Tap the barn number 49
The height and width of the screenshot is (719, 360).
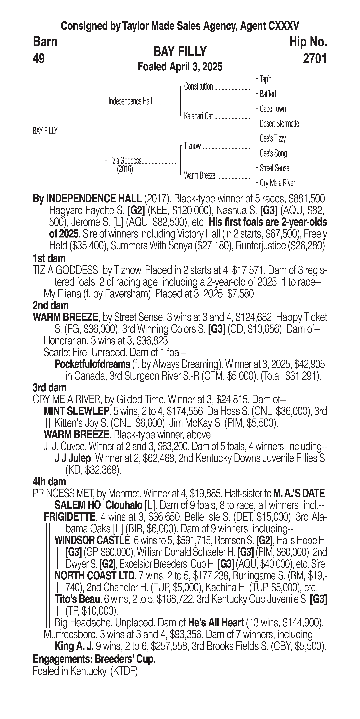(x=39, y=59)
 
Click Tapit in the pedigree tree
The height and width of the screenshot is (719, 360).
(x=265, y=79)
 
